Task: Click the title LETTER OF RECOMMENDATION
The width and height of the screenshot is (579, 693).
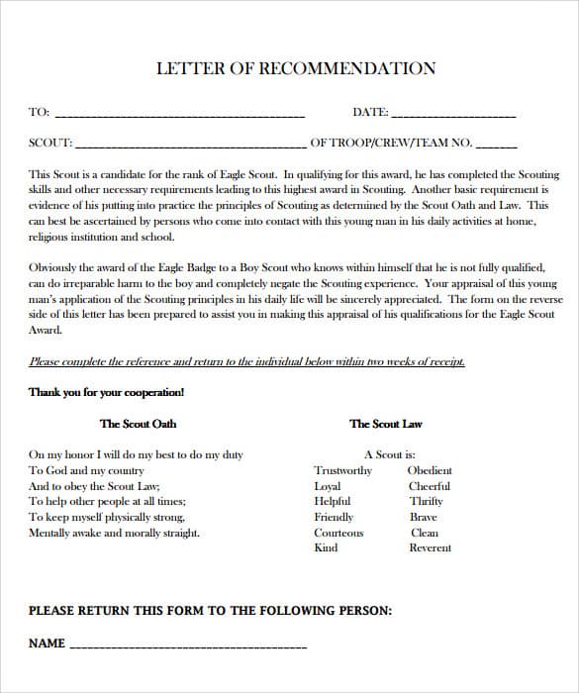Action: tap(296, 69)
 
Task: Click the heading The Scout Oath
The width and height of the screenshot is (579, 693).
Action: tap(138, 424)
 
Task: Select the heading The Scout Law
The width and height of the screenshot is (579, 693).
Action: tap(385, 424)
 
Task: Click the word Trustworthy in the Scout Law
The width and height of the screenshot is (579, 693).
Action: tap(342, 470)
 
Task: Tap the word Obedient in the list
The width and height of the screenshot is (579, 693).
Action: tap(430, 470)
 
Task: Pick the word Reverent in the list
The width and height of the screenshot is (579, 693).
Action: tap(430, 547)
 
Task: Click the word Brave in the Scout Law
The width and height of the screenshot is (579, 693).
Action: tap(424, 517)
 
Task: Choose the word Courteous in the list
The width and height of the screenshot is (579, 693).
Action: tap(338, 533)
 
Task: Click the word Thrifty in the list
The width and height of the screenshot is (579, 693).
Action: tap(426, 501)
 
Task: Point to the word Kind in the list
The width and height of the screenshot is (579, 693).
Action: tap(326, 547)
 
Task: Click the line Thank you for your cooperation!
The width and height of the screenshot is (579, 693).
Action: tap(106, 392)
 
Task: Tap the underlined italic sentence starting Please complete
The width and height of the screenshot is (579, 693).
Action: tap(246, 362)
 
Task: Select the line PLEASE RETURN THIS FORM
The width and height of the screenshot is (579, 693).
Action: tap(210, 611)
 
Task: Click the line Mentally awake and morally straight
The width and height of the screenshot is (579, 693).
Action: tap(114, 533)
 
